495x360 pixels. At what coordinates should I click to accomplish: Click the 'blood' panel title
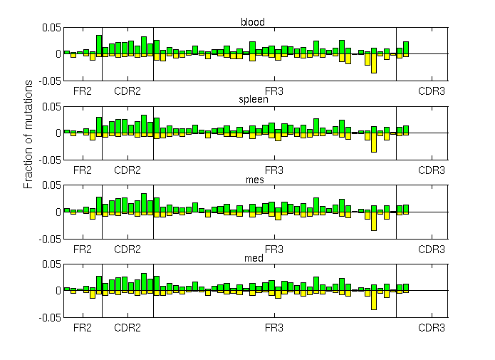(x=253, y=22)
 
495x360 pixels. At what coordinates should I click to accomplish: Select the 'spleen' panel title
(x=253, y=100)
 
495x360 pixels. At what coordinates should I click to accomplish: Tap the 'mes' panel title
(x=253, y=180)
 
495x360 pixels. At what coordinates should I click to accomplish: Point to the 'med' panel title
(x=253, y=258)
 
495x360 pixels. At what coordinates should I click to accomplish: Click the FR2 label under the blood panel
(x=83, y=91)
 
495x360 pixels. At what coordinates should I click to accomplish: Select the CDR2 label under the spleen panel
(x=127, y=170)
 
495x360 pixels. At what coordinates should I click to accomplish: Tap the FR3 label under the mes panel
(x=274, y=250)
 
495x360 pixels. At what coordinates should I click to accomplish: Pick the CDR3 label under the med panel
(x=431, y=329)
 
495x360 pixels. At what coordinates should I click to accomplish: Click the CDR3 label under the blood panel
(x=431, y=91)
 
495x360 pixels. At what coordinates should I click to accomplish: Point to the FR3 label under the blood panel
(x=274, y=91)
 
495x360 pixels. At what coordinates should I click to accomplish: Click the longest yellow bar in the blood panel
(x=374, y=63)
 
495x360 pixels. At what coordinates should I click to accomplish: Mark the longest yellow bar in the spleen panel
(x=374, y=142)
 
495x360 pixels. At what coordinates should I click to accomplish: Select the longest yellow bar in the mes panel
(x=374, y=221)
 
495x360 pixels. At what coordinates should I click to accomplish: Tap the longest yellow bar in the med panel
(x=374, y=299)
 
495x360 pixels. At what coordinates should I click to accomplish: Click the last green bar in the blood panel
(x=406, y=48)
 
